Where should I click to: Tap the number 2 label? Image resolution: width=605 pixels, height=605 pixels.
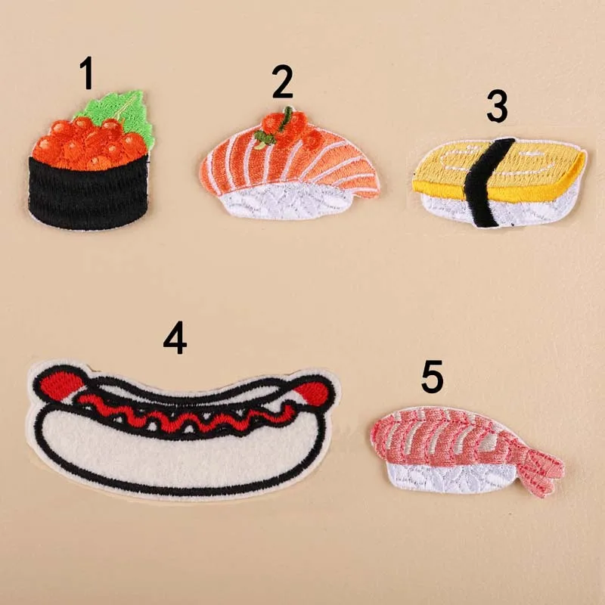tap(282, 83)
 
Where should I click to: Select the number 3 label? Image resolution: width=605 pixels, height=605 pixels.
tap(497, 107)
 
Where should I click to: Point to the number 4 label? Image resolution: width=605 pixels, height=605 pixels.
tap(175, 338)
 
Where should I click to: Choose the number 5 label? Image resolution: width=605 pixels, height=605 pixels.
tap(432, 377)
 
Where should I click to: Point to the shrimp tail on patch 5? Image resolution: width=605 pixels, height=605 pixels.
tap(541, 461)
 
